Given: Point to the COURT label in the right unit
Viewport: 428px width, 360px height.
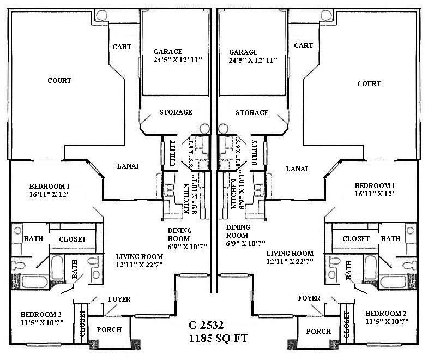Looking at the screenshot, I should [x=369, y=84].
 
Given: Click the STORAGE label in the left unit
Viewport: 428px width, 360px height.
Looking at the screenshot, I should [x=175, y=112].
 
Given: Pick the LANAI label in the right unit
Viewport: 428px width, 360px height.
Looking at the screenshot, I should [x=297, y=169].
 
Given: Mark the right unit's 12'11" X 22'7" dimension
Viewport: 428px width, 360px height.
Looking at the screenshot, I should [x=290, y=263].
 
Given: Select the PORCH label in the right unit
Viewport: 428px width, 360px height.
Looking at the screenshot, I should [x=318, y=331].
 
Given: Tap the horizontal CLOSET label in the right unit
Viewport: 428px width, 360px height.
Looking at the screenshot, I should [x=356, y=239].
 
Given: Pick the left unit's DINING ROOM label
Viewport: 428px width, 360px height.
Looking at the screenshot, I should [x=179, y=234].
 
